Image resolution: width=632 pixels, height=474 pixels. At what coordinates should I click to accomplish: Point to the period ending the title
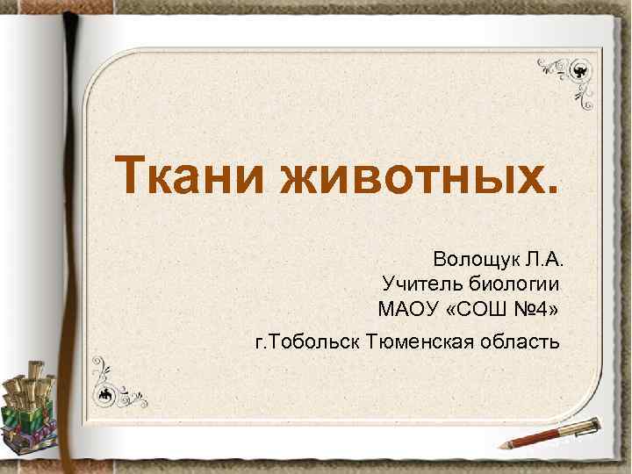[x=550, y=187]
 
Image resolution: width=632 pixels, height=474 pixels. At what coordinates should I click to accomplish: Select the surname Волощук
[x=477, y=260]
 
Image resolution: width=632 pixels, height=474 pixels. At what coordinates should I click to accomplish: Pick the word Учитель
[x=420, y=284]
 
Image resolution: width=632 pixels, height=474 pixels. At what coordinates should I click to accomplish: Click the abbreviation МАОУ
[x=407, y=310]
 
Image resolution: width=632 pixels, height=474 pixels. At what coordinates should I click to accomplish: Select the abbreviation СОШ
[x=479, y=310]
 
